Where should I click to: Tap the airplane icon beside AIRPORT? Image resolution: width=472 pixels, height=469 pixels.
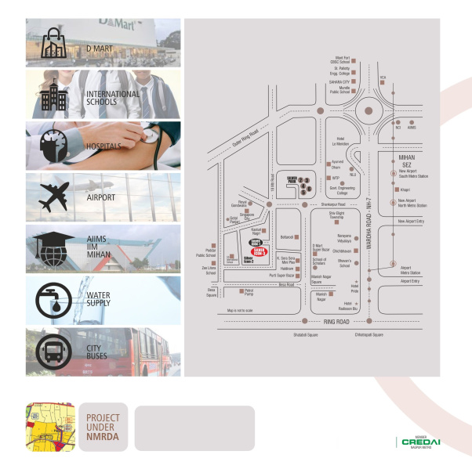52,198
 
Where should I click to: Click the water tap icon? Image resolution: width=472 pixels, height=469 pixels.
53,300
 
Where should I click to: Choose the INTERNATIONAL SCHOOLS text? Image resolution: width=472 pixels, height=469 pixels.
113,99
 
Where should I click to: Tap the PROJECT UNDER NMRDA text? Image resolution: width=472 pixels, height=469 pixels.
103,428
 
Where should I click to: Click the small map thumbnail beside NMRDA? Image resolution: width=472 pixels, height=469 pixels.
49,428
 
